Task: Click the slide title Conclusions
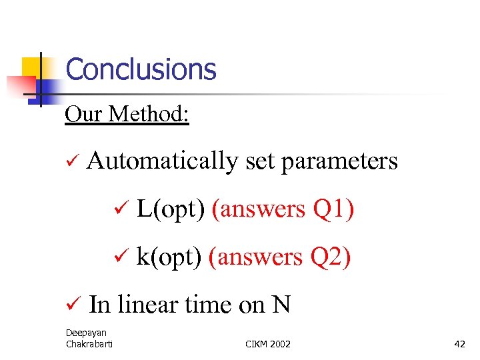(x=141, y=69)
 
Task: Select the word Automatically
(x=161, y=161)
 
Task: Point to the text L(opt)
(x=170, y=209)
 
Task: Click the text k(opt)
(x=168, y=257)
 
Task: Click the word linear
(x=146, y=305)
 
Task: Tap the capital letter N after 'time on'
(x=281, y=305)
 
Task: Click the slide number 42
(x=459, y=344)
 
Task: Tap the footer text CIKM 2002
(x=268, y=344)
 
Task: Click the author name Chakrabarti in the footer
(x=89, y=344)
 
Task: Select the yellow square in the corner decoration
(x=31, y=67)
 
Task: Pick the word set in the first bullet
(x=259, y=162)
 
